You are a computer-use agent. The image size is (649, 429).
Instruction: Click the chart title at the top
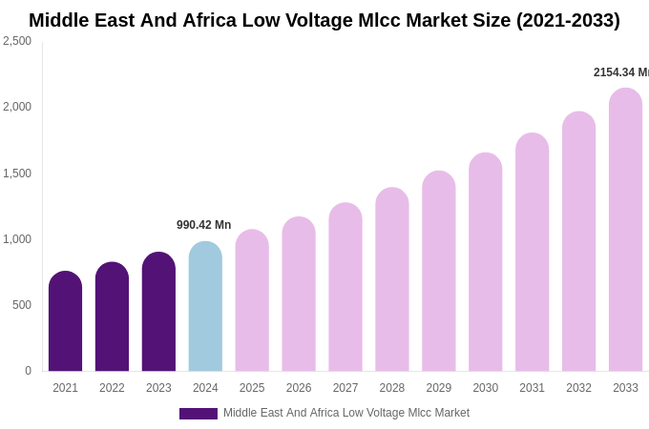coord(324,20)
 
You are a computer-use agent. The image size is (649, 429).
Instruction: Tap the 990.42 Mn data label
coord(203,225)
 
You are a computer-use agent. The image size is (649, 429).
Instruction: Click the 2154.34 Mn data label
coord(620,72)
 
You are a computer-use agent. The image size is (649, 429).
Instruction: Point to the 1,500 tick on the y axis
coord(17,174)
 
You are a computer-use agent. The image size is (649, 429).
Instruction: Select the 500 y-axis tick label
coord(21,305)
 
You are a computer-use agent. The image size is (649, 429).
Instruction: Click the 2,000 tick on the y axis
coord(17,107)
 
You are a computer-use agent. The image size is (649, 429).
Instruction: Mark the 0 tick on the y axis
coord(28,371)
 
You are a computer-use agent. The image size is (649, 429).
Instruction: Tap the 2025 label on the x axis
coord(252,388)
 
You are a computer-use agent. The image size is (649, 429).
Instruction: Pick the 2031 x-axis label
coord(532,388)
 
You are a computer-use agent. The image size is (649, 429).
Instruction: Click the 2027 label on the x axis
coord(345,388)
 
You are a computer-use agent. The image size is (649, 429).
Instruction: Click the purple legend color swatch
coord(199,414)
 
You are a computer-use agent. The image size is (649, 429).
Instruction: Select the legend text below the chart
coord(346,413)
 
